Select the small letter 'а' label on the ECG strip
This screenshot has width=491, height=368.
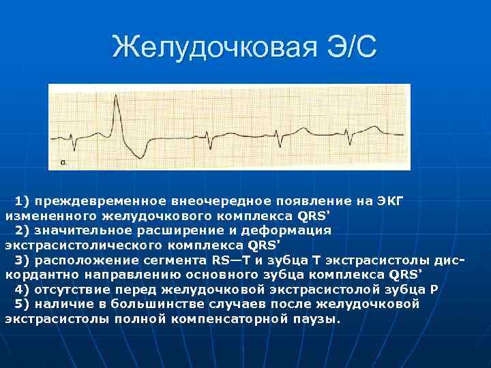click(x=63, y=162)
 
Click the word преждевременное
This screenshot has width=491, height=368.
click(x=100, y=201)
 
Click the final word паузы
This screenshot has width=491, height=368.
click(x=321, y=318)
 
